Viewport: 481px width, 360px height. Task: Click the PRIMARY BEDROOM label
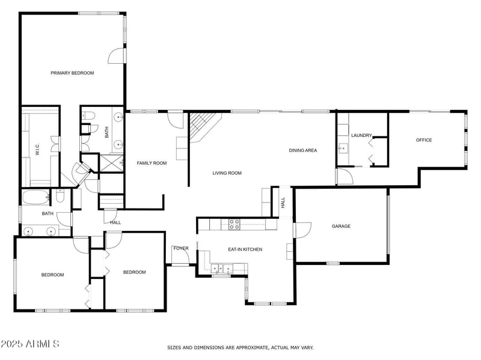point(72,73)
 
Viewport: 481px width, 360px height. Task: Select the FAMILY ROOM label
point(152,163)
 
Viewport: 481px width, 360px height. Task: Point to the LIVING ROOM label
point(227,173)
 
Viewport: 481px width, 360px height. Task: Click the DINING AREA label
point(302,150)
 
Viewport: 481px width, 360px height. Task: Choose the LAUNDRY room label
point(361,135)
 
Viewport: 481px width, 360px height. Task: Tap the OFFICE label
point(424,140)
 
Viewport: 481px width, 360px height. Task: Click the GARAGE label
point(341,226)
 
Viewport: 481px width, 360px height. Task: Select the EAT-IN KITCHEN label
point(245,249)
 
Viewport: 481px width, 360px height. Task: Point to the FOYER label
point(180,248)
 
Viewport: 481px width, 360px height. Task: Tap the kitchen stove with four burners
point(234,224)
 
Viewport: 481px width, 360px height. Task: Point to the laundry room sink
point(342,148)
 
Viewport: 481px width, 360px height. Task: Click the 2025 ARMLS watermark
point(30,344)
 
